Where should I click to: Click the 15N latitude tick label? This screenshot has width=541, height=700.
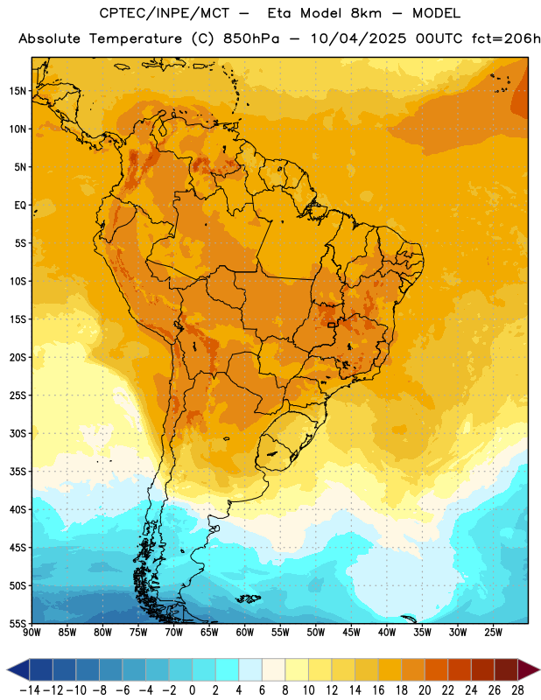(x=18, y=91)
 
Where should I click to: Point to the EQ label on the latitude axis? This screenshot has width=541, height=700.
(x=20, y=206)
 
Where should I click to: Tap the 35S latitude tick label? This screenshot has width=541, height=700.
(x=18, y=472)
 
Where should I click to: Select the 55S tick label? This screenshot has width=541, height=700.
(x=18, y=624)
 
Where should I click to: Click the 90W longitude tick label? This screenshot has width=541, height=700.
(x=32, y=633)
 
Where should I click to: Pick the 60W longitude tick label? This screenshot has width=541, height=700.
(x=245, y=633)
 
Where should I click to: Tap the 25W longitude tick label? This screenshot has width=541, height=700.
(x=493, y=633)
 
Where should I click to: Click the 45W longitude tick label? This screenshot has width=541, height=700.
(x=351, y=633)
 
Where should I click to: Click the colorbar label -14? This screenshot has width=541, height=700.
(x=30, y=690)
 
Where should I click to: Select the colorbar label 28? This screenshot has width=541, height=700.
(x=517, y=690)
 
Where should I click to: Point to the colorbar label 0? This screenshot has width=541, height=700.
(x=192, y=690)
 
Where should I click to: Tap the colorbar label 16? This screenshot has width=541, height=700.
(x=378, y=690)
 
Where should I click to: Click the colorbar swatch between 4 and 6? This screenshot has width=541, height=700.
(x=250, y=669)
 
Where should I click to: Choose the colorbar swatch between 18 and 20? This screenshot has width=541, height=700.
(x=413, y=669)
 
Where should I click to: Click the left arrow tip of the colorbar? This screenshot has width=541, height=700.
(x=7, y=669)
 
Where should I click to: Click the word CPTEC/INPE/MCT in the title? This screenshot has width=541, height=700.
(x=164, y=13)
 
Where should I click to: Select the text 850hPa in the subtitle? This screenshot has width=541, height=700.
(x=251, y=38)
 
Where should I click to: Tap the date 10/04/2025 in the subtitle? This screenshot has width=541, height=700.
(x=358, y=38)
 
